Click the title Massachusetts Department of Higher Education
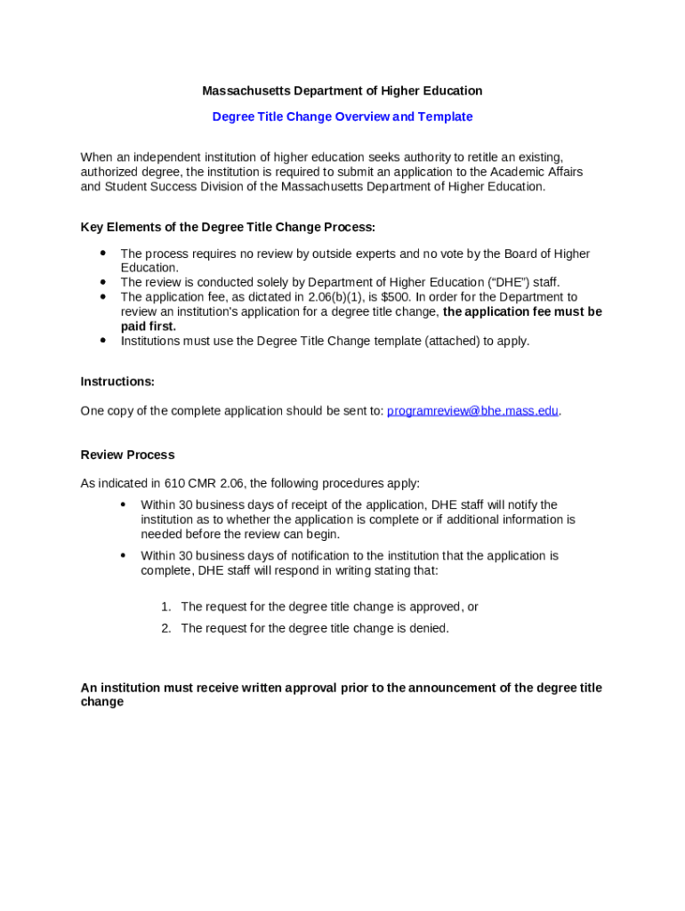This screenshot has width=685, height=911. coord(342,91)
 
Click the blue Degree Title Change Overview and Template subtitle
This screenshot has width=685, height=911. coord(342,117)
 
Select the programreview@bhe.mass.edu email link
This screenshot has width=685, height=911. coord(472,411)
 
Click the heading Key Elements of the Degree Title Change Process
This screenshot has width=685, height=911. coord(228,228)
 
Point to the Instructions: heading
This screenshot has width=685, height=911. coord(117,382)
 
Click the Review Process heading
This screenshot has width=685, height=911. coord(127,455)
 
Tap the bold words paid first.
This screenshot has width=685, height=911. coord(149,327)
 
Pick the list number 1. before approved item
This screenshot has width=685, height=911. coord(166,607)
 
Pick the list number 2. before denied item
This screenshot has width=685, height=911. coord(166,628)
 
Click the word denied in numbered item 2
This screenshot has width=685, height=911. coord(428,628)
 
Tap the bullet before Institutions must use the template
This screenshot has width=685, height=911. coord(103,340)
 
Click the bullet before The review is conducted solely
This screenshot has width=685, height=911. coord(103,282)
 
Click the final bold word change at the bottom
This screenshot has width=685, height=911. coord(102,702)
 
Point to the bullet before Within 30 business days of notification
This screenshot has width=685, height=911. coord(124,555)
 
